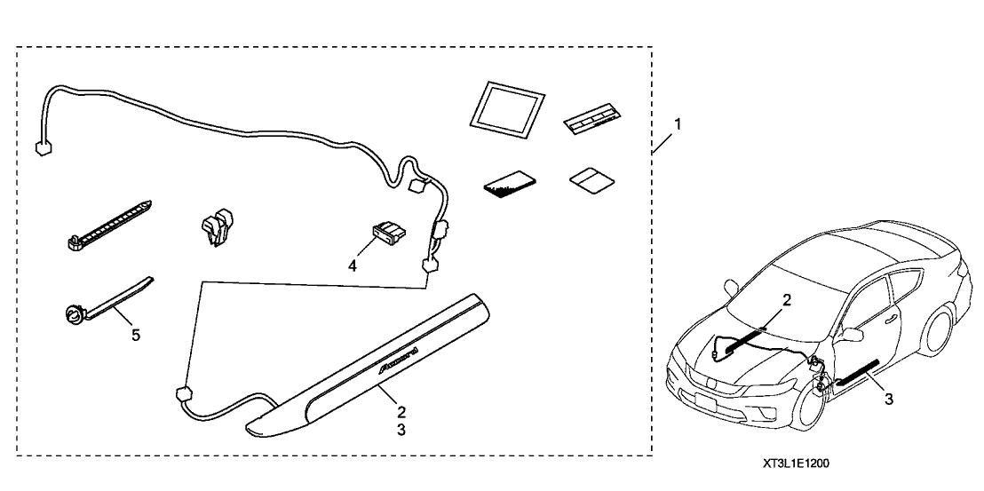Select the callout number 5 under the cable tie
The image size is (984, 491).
click(x=135, y=337)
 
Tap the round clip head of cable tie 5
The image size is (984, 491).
click(x=73, y=312)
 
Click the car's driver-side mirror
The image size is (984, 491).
click(x=851, y=335)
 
